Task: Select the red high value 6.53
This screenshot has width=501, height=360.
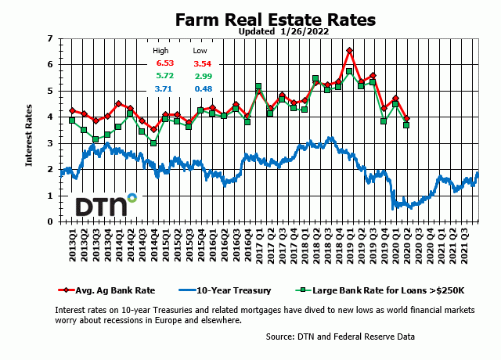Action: [x=164, y=63]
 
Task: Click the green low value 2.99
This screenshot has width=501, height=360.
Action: [x=202, y=76]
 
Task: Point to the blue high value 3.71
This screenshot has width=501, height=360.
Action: [x=164, y=89]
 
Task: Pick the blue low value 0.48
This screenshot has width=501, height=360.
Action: [x=202, y=89]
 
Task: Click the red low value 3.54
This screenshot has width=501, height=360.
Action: [x=202, y=63]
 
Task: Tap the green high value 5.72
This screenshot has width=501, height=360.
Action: [x=164, y=76]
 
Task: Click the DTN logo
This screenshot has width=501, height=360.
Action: [x=105, y=205]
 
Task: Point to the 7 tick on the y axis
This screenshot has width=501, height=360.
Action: [x=50, y=38]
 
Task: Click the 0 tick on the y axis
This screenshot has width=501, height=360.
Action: [x=50, y=221]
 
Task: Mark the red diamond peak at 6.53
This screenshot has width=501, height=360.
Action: [x=349, y=51]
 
